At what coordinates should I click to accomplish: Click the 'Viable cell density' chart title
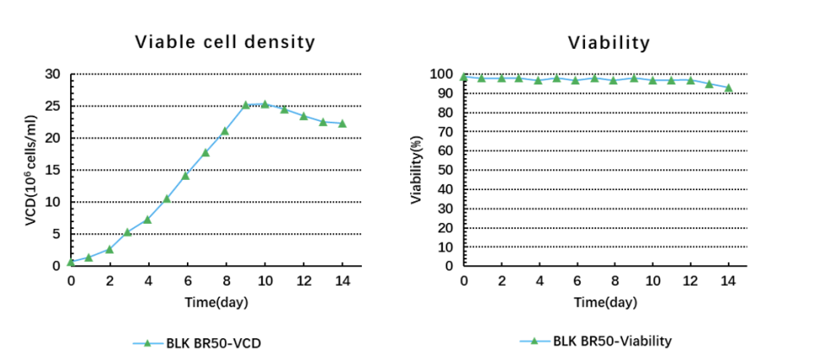[x=225, y=42]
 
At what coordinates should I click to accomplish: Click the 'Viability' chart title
[x=609, y=42]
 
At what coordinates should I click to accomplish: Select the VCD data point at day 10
[x=265, y=105]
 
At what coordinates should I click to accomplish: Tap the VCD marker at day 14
[x=342, y=123]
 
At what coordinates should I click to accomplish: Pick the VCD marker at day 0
[x=71, y=262]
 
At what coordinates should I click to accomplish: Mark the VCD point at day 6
[x=185, y=175]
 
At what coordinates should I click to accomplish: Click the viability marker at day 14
[x=728, y=88]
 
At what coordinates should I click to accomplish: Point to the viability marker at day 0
[x=464, y=77]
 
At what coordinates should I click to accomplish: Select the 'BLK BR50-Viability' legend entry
[x=596, y=341]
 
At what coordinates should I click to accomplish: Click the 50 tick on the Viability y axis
[x=448, y=171]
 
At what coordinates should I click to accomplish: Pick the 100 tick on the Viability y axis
[x=445, y=74]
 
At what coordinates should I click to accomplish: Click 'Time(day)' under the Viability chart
[x=604, y=302]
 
